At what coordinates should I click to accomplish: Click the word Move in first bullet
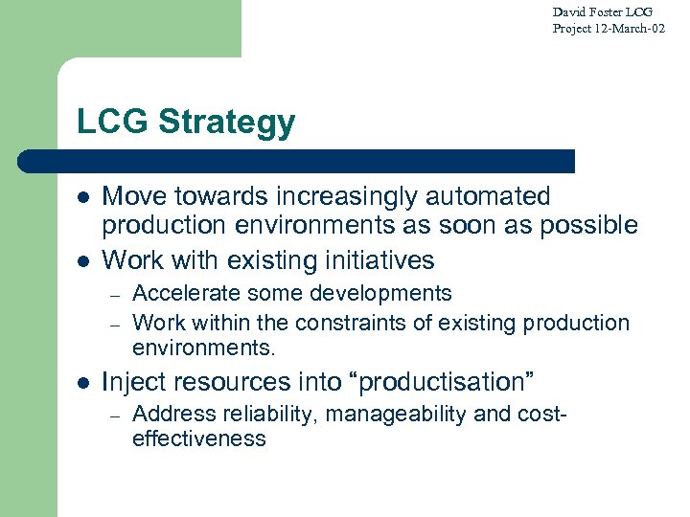[x=132, y=196]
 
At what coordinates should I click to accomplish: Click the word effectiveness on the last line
[x=198, y=438]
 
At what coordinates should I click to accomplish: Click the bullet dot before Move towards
[x=83, y=197]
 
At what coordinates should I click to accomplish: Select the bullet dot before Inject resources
[x=83, y=383]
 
